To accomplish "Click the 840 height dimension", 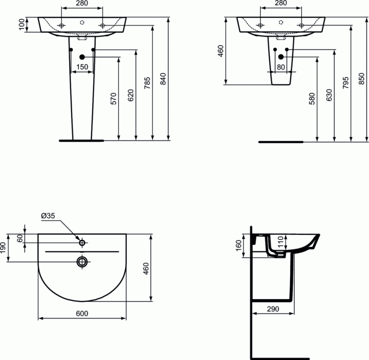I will pos(162,81).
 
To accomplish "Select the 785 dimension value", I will pos(146,83).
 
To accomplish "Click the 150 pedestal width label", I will pos(82,67).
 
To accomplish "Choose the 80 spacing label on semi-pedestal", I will pos(281,67).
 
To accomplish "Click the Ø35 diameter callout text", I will pos(48,216).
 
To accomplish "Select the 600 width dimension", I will pos(82,313).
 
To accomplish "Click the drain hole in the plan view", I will pos(82,262).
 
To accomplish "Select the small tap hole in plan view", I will pos(82,242).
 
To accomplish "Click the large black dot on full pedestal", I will pos(82,57).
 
